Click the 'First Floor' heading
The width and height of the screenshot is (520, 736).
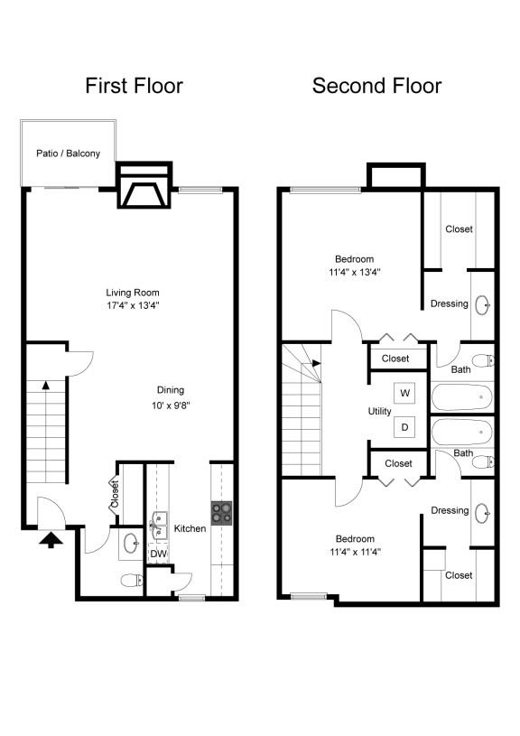[x=135, y=86]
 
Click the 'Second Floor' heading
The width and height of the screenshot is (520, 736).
[x=376, y=86]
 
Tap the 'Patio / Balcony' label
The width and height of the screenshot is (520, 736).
[x=68, y=154]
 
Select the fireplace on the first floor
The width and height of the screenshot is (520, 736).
[x=144, y=185]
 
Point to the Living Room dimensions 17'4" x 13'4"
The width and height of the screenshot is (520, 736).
[x=133, y=305]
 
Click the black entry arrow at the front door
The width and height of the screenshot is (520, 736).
[x=51, y=539]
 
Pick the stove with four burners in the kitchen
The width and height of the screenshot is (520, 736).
[x=221, y=513]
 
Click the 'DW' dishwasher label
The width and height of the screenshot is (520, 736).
[x=159, y=554]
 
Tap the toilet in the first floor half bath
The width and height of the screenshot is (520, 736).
[x=133, y=580]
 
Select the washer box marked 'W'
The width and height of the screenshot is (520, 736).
[x=404, y=393]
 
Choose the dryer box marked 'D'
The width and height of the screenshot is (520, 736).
[x=404, y=427]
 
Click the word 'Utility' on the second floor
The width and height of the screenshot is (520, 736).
[x=380, y=411]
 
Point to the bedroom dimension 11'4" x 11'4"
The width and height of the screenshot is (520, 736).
[x=356, y=552]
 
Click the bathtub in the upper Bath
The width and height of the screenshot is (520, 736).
[x=462, y=397]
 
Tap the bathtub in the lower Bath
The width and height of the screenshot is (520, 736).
[x=462, y=432]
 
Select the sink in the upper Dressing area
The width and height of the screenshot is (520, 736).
[x=483, y=305]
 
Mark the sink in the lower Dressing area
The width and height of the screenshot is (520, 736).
[x=483, y=513]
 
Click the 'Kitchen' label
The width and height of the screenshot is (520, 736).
[x=190, y=528]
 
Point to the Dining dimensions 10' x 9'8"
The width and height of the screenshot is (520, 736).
[x=171, y=405]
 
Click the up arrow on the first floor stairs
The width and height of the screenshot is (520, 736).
[x=45, y=385]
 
